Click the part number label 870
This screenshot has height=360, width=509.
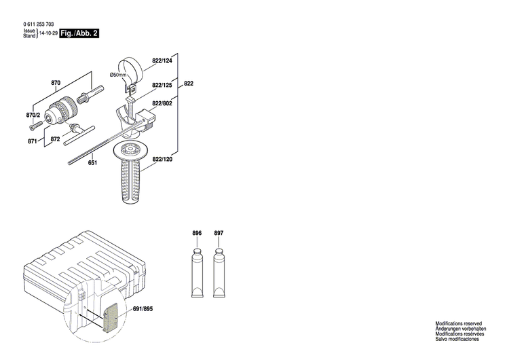(x=56, y=83)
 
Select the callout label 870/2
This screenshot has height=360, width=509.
(x=33, y=115)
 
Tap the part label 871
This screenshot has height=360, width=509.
(x=32, y=141)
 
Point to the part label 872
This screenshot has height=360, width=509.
(x=56, y=139)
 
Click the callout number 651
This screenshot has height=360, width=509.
(x=92, y=163)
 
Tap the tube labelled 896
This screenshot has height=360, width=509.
(x=197, y=272)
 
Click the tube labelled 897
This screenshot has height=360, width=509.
(x=219, y=272)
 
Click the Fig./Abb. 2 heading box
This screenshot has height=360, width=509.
(x=79, y=33)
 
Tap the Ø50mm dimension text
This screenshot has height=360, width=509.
(x=119, y=74)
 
